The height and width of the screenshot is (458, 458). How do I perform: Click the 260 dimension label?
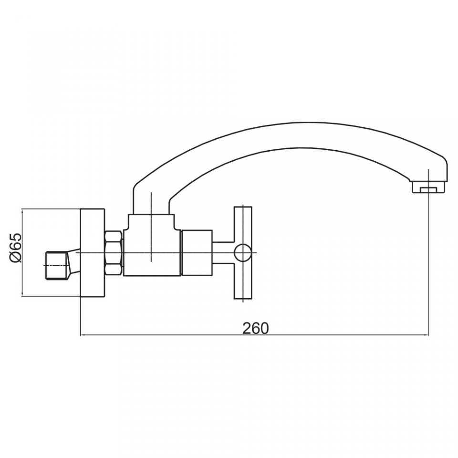tap(255, 328)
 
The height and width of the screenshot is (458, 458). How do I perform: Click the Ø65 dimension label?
tap(16, 248)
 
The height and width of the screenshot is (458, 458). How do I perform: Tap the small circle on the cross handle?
tap(243, 253)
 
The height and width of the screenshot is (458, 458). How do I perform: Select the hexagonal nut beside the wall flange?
tap(114, 253)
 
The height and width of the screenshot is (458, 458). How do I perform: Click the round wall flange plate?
tap(92, 253)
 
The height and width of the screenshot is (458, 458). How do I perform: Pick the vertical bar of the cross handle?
tap(243, 253)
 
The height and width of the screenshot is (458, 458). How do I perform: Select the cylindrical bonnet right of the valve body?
tap(197, 253)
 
